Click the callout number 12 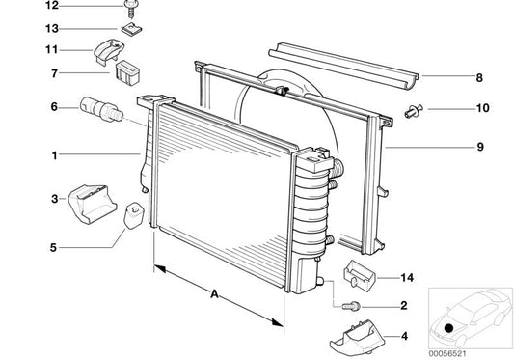point(52,5)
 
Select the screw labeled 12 point(130,9)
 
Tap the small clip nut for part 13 point(131,29)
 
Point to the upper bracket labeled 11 point(109,51)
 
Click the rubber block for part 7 point(128,72)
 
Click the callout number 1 point(54,155)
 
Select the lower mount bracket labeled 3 point(93,204)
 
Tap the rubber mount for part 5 point(134,215)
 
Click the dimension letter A point(214,293)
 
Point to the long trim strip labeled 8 point(343,66)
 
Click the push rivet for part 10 point(414,111)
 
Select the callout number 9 point(480,147)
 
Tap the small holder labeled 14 point(360,274)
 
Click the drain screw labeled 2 point(351,307)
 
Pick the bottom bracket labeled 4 point(358,338)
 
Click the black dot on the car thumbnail point(448,328)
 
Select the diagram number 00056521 point(447,354)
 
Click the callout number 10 point(482,108)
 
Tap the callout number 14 point(407,278)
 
